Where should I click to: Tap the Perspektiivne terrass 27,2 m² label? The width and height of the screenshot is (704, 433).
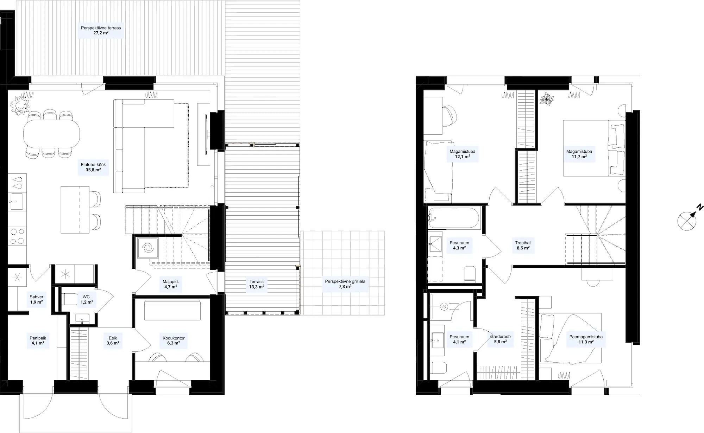click(101, 30)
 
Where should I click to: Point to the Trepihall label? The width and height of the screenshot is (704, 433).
click(523, 243)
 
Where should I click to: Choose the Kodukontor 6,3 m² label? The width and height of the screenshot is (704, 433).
click(174, 340)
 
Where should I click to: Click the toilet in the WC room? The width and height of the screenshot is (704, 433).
click(69, 299)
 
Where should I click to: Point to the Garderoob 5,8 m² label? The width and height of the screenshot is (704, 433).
click(500, 339)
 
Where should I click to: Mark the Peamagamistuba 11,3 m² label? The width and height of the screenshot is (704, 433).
click(586, 339)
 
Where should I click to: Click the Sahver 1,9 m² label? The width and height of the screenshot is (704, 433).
click(36, 299)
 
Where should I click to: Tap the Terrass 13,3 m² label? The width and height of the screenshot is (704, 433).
click(257, 284)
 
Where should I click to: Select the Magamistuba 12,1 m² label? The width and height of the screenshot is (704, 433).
click(462, 154)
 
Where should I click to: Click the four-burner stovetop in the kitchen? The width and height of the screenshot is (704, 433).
click(17, 236)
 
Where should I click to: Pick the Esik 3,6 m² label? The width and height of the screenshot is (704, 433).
click(113, 340)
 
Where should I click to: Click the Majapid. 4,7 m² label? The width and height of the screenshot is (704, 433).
click(171, 284)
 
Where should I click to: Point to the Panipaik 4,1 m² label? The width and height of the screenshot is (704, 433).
click(38, 340)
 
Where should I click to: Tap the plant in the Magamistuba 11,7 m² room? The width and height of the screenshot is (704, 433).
click(547, 98)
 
